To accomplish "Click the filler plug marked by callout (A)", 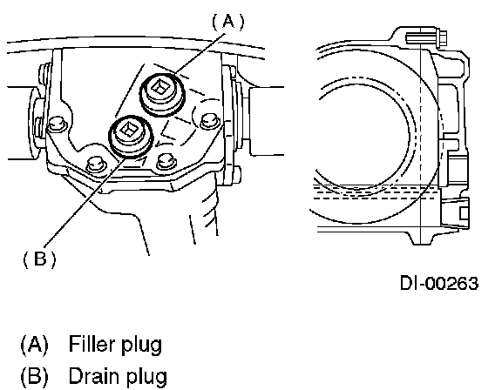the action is (162, 94).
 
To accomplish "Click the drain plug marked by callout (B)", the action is (132, 136).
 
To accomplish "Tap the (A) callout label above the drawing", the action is (228, 22).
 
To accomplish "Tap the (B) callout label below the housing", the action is (39, 259).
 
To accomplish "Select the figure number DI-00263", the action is (439, 283).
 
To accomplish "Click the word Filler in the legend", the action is (92, 344).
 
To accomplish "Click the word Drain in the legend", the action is (94, 376).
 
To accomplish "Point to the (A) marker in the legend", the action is (34, 345).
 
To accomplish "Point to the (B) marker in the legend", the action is (34, 377).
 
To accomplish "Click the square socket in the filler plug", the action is (159, 87).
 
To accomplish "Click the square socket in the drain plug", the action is (128, 129).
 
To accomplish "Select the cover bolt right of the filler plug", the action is (210, 122).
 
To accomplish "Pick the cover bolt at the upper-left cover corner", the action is (57, 124).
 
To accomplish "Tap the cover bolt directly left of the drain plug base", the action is (95, 163).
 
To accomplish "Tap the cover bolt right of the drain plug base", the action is (166, 161).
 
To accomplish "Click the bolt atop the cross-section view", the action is (427, 38).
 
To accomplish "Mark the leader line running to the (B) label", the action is (85, 201).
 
